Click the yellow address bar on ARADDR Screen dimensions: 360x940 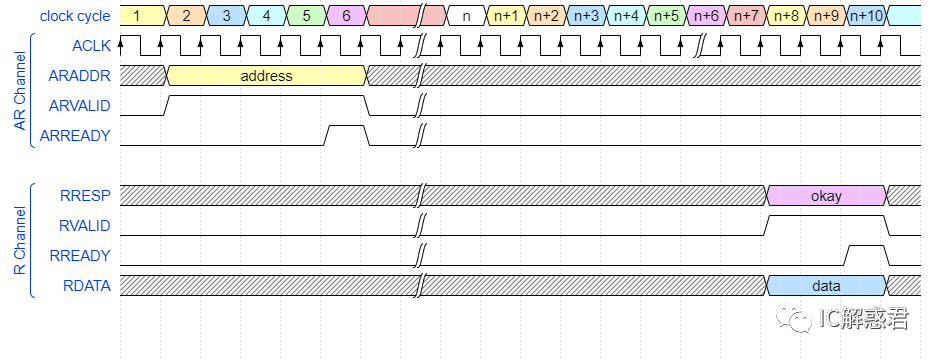(x=266, y=76)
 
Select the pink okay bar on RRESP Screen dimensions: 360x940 (x=826, y=196)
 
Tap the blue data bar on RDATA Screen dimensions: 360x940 (x=826, y=286)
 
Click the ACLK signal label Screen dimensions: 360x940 (x=91, y=46)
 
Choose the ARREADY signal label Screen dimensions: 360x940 (x=79, y=136)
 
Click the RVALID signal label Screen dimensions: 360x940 (x=85, y=226)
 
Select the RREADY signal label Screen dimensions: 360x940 (x=80, y=256)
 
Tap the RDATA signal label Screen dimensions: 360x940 (x=86, y=286)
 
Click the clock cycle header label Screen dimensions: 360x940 (x=75, y=16)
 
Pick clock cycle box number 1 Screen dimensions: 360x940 (x=137, y=16)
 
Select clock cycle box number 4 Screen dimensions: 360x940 (x=266, y=16)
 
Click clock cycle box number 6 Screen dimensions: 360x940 (x=346, y=16)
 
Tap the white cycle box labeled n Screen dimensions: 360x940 (x=466, y=16)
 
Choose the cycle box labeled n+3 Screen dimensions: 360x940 (x=587, y=16)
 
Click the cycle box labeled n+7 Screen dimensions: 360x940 (x=747, y=16)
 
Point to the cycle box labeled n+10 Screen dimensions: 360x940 (x=866, y=16)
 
